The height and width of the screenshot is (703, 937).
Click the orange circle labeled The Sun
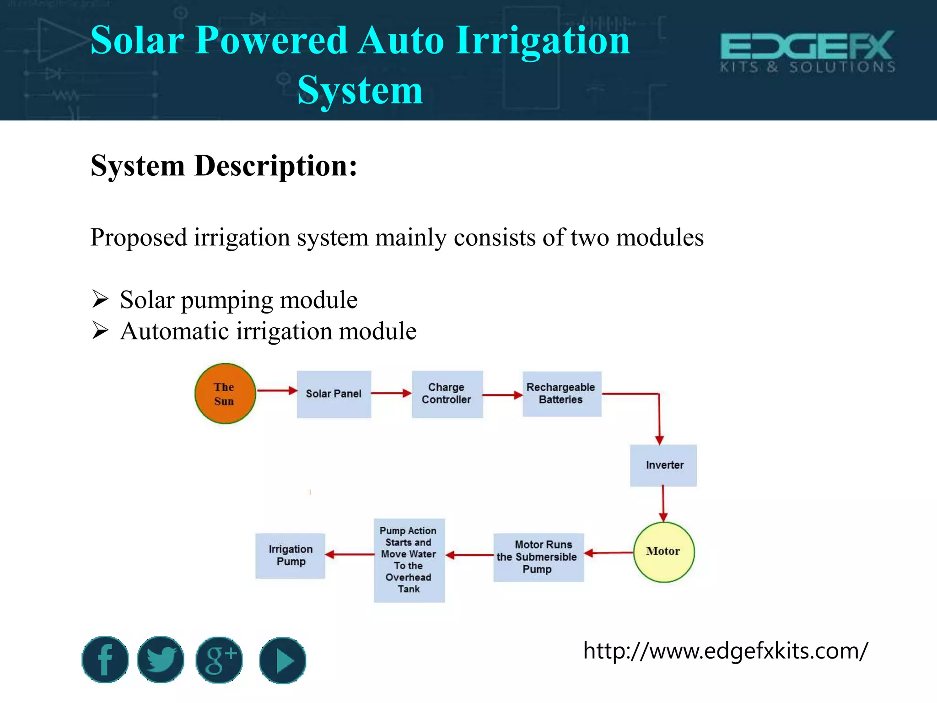225,394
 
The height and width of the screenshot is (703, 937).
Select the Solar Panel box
334,394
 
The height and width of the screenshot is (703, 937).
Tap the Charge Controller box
447,394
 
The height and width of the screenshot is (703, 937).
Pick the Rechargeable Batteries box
561,394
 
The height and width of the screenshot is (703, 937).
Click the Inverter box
663,465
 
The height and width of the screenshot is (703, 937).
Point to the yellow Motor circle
663,552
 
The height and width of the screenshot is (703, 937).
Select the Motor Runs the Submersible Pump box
538,557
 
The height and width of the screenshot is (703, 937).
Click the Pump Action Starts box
409,560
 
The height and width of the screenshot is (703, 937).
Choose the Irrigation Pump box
290,556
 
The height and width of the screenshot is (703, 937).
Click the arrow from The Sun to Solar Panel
277,390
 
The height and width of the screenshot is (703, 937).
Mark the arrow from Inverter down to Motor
663,503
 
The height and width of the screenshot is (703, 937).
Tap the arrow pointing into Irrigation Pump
350,555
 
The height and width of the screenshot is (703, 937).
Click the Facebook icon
105,660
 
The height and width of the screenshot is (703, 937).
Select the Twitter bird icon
161,660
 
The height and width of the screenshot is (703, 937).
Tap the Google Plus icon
219,660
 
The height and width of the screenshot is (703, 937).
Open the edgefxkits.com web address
725,650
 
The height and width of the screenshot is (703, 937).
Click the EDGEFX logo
808,52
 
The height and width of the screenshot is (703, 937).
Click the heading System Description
224,166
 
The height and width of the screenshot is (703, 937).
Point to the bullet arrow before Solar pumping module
100,299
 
